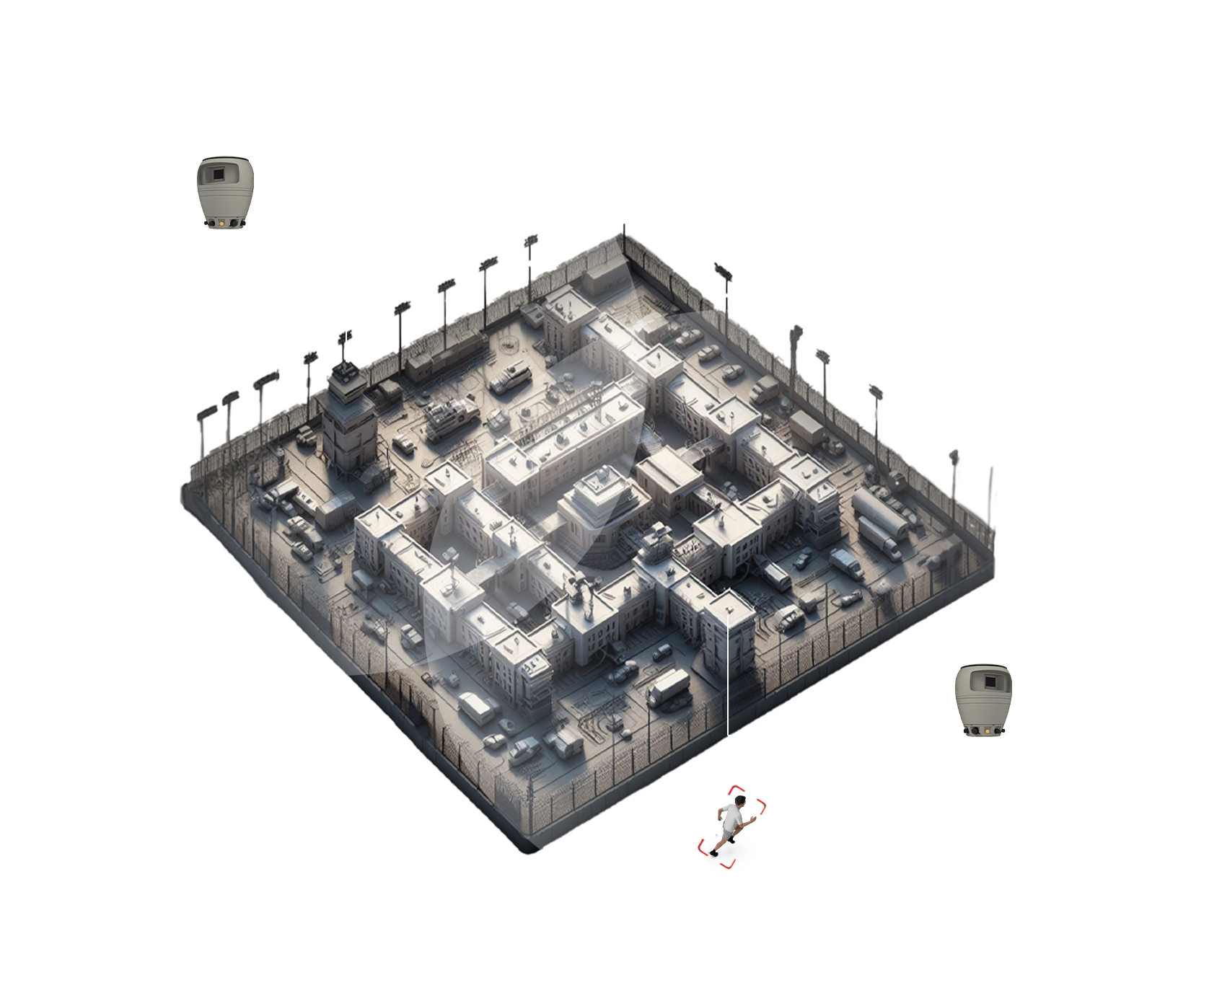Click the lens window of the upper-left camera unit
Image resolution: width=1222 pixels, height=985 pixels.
(x=217, y=174)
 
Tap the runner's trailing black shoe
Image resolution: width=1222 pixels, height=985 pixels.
(x=713, y=854)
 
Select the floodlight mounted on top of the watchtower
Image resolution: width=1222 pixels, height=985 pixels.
(x=345, y=336)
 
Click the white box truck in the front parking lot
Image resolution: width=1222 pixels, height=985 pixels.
(x=669, y=686)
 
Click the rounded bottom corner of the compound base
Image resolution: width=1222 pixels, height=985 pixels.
(x=530, y=849)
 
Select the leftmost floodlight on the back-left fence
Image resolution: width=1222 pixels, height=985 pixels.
(x=206, y=413)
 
